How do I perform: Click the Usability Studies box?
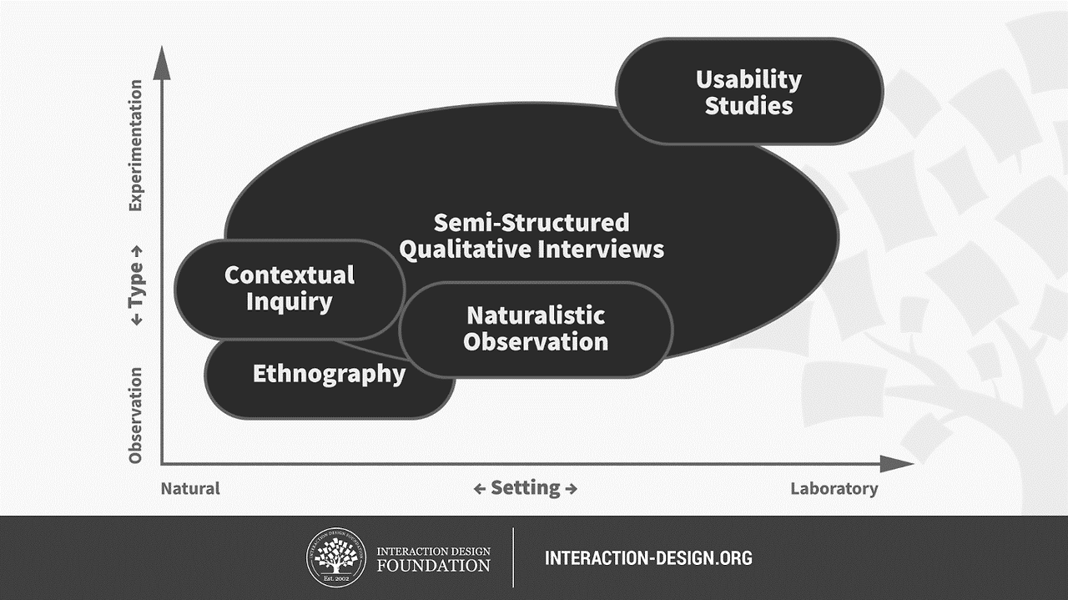coord(748,92)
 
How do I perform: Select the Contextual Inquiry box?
coord(289,288)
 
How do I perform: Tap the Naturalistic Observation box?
coord(536,328)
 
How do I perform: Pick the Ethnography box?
coord(329,374)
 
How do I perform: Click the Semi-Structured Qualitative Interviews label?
coord(531,236)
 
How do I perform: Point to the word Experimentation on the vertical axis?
coord(136,145)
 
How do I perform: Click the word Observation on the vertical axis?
coord(136,415)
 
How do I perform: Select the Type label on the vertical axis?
coord(136,286)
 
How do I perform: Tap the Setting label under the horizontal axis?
coord(525,488)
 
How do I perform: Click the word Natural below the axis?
coord(190,489)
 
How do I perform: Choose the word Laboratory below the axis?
coord(834,489)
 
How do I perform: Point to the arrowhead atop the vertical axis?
coord(162,65)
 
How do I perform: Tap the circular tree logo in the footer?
coord(337,557)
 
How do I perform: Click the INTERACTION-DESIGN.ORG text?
coord(648,557)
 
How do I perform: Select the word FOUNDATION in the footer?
coord(433,566)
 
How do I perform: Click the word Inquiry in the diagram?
coord(289,301)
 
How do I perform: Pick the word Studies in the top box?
coord(748,106)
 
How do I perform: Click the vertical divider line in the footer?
coord(513,557)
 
